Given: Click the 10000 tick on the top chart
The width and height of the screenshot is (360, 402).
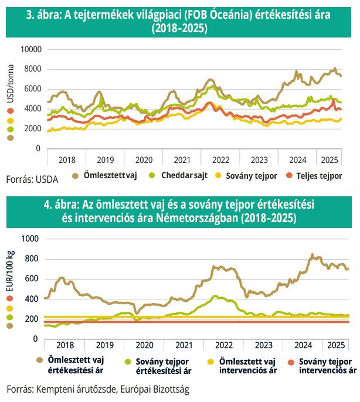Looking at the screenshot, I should coord(29,49).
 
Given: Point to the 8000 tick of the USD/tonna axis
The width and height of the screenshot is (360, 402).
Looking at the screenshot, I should coord(32,69).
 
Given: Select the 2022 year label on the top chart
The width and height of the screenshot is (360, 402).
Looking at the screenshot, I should coord(220,159).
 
